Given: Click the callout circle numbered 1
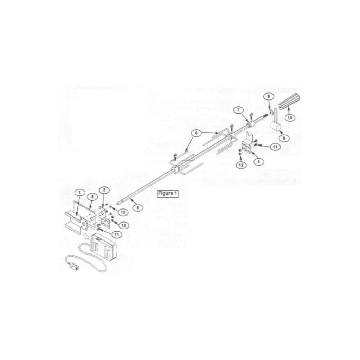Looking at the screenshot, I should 80,192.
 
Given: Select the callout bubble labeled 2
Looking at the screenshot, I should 104,190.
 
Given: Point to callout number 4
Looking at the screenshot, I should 258,161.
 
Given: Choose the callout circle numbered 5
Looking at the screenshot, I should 137,207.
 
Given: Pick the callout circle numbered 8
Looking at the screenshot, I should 269,96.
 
